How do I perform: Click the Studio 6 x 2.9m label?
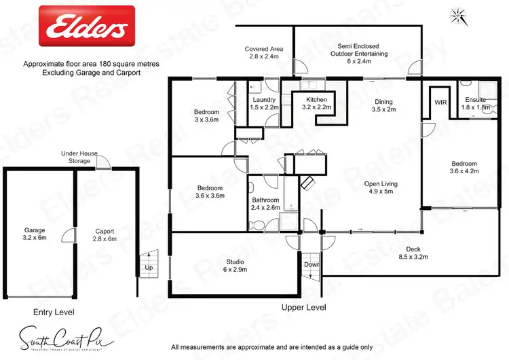(235, 266)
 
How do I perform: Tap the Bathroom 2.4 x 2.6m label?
(264, 204)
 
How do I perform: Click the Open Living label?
(381, 187)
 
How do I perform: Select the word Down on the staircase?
(310, 264)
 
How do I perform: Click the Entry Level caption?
(54, 312)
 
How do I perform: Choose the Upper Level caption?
(303, 308)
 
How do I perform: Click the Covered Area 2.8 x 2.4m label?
(263, 53)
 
